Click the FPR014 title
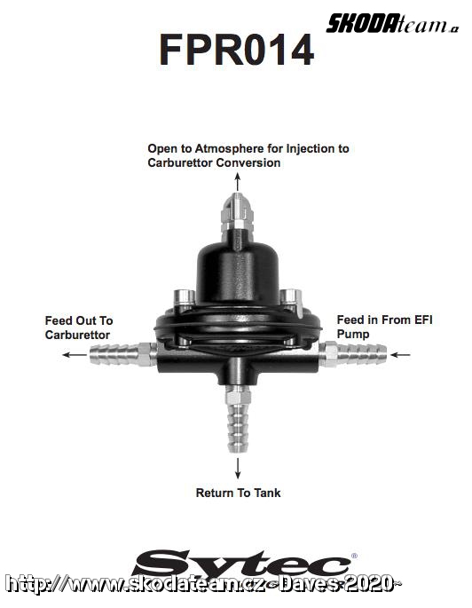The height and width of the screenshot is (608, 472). click(x=236, y=49)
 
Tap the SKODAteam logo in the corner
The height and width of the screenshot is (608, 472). click(x=392, y=23)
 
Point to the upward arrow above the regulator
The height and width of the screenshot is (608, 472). click(x=238, y=182)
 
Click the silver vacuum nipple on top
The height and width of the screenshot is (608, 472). click(x=237, y=213)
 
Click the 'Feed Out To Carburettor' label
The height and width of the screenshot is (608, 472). click(x=79, y=328)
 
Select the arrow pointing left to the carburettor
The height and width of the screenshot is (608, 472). click(x=75, y=354)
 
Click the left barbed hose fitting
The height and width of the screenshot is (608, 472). click(x=123, y=354)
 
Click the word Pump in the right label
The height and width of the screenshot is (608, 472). click(x=353, y=334)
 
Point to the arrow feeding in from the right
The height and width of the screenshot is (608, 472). click(x=400, y=354)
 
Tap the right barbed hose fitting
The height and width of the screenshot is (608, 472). click(x=352, y=354)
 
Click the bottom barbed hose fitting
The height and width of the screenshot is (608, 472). click(x=238, y=420)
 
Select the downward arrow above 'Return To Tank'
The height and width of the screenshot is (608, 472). click(x=238, y=468)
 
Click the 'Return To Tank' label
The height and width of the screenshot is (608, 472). click(x=238, y=493)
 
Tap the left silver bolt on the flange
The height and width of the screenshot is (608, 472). click(x=185, y=299)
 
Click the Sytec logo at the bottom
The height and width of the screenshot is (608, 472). click(x=242, y=568)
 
